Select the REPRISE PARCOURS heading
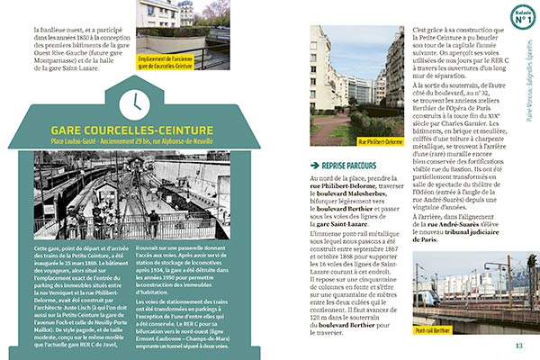[347, 166]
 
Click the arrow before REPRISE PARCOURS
[313, 166]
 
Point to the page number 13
[518, 346]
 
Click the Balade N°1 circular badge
[522, 17]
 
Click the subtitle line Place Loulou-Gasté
[134, 142]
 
